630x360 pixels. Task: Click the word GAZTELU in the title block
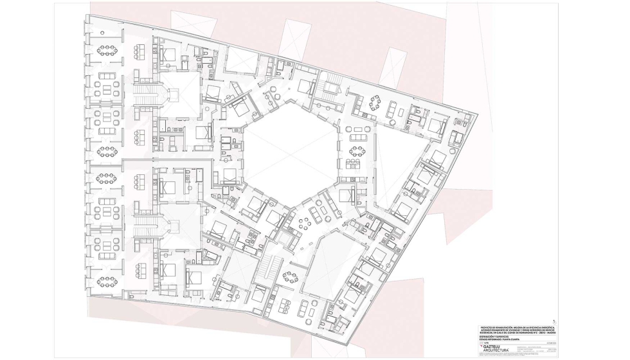[495, 345]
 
